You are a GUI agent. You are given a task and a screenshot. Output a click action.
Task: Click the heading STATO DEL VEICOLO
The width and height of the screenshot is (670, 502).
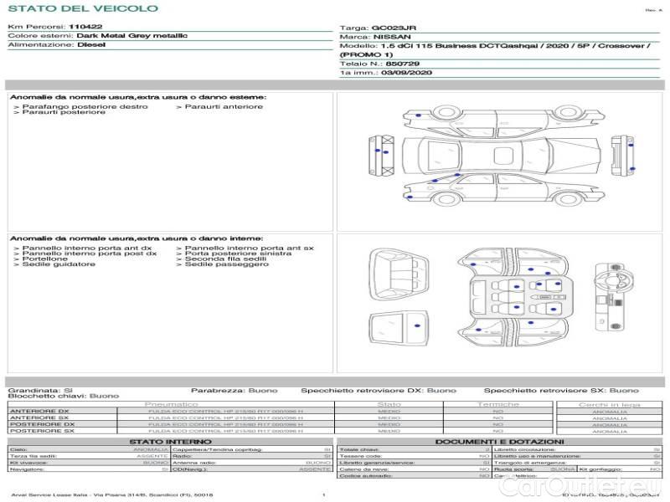pos(82,8)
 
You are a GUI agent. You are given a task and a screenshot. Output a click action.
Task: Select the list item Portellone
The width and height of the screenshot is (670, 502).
pos(45,259)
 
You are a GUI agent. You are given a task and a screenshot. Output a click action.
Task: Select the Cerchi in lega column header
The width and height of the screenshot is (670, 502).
pos(609,404)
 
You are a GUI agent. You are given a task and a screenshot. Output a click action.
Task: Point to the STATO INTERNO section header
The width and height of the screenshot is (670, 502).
pos(165,441)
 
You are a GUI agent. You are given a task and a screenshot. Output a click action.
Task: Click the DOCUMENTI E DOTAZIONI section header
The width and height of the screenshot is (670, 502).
pos(499,441)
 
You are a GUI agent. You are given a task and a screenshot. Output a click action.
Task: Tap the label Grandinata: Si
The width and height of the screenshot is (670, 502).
pos(40,390)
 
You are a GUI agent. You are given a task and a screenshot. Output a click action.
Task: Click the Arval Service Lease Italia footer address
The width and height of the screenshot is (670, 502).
pos(112,495)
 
